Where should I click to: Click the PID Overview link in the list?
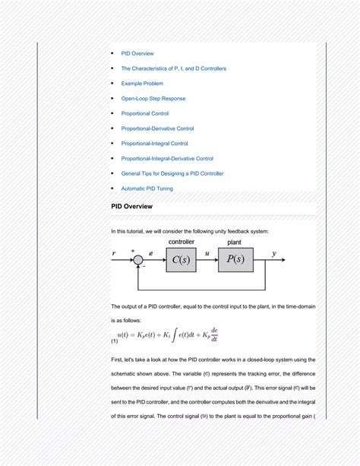click(x=137, y=53)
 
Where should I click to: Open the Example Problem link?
click(x=142, y=84)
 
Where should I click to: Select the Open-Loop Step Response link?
click(x=153, y=98)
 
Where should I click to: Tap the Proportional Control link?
click(x=145, y=113)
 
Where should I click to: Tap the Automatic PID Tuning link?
click(x=147, y=188)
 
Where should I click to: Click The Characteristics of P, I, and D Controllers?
click(x=174, y=68)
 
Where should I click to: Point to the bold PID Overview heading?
click(x=131, y=207)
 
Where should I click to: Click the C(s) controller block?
click(x=181, y=259)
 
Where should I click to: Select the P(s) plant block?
click(x=235, y=259)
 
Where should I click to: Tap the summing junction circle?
click(x=137, y=259)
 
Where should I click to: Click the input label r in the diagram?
click(x=114, y=253)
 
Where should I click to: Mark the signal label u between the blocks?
click(x=207, y=253)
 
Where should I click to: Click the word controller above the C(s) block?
click(x=181, y=242)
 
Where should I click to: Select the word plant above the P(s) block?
click(x=235, y=242)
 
